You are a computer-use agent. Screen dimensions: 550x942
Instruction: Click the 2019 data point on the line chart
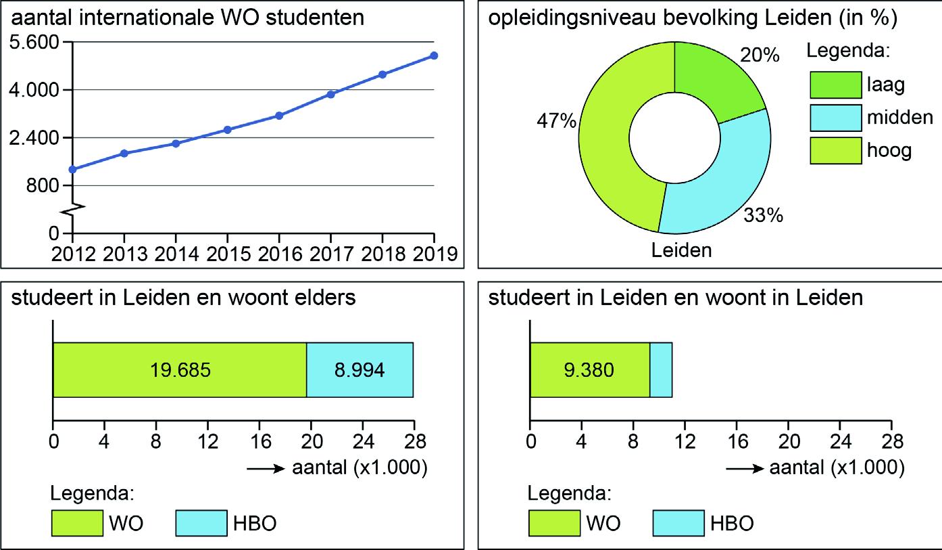434,55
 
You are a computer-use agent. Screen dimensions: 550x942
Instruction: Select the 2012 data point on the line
72,169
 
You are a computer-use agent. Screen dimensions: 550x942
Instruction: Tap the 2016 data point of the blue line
279,116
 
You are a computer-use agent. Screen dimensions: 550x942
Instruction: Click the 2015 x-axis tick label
227,254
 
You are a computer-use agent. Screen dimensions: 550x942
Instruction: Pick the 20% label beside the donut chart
760,55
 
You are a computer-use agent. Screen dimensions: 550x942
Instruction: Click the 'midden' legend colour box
835,118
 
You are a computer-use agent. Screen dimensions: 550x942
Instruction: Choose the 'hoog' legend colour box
835,151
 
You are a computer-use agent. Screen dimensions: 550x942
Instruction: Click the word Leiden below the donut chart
681,251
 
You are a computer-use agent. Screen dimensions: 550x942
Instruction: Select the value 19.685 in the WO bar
179,370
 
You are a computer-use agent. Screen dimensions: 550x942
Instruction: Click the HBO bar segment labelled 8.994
359,370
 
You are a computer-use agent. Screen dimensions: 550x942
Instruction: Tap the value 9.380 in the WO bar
589,370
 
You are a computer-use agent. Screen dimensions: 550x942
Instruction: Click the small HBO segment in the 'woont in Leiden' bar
661,370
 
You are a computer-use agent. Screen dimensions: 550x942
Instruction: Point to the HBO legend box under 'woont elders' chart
201,524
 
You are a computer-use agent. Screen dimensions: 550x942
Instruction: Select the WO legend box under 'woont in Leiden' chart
555,524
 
